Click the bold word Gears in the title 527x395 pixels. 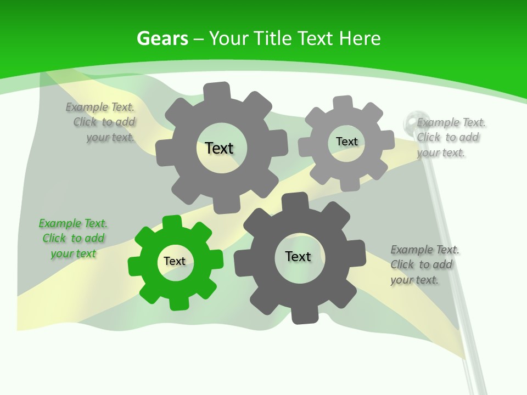coord(162,38)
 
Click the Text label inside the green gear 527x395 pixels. coord(175,261)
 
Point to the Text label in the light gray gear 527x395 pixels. coord(346,142)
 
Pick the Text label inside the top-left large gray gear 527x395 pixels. coord(219,148)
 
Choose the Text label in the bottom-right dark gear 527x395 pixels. coord(298,256)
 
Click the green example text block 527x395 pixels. coord(73,239)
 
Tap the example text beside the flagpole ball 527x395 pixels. coord(451,137)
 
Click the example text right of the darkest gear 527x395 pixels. coord(424,264)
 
